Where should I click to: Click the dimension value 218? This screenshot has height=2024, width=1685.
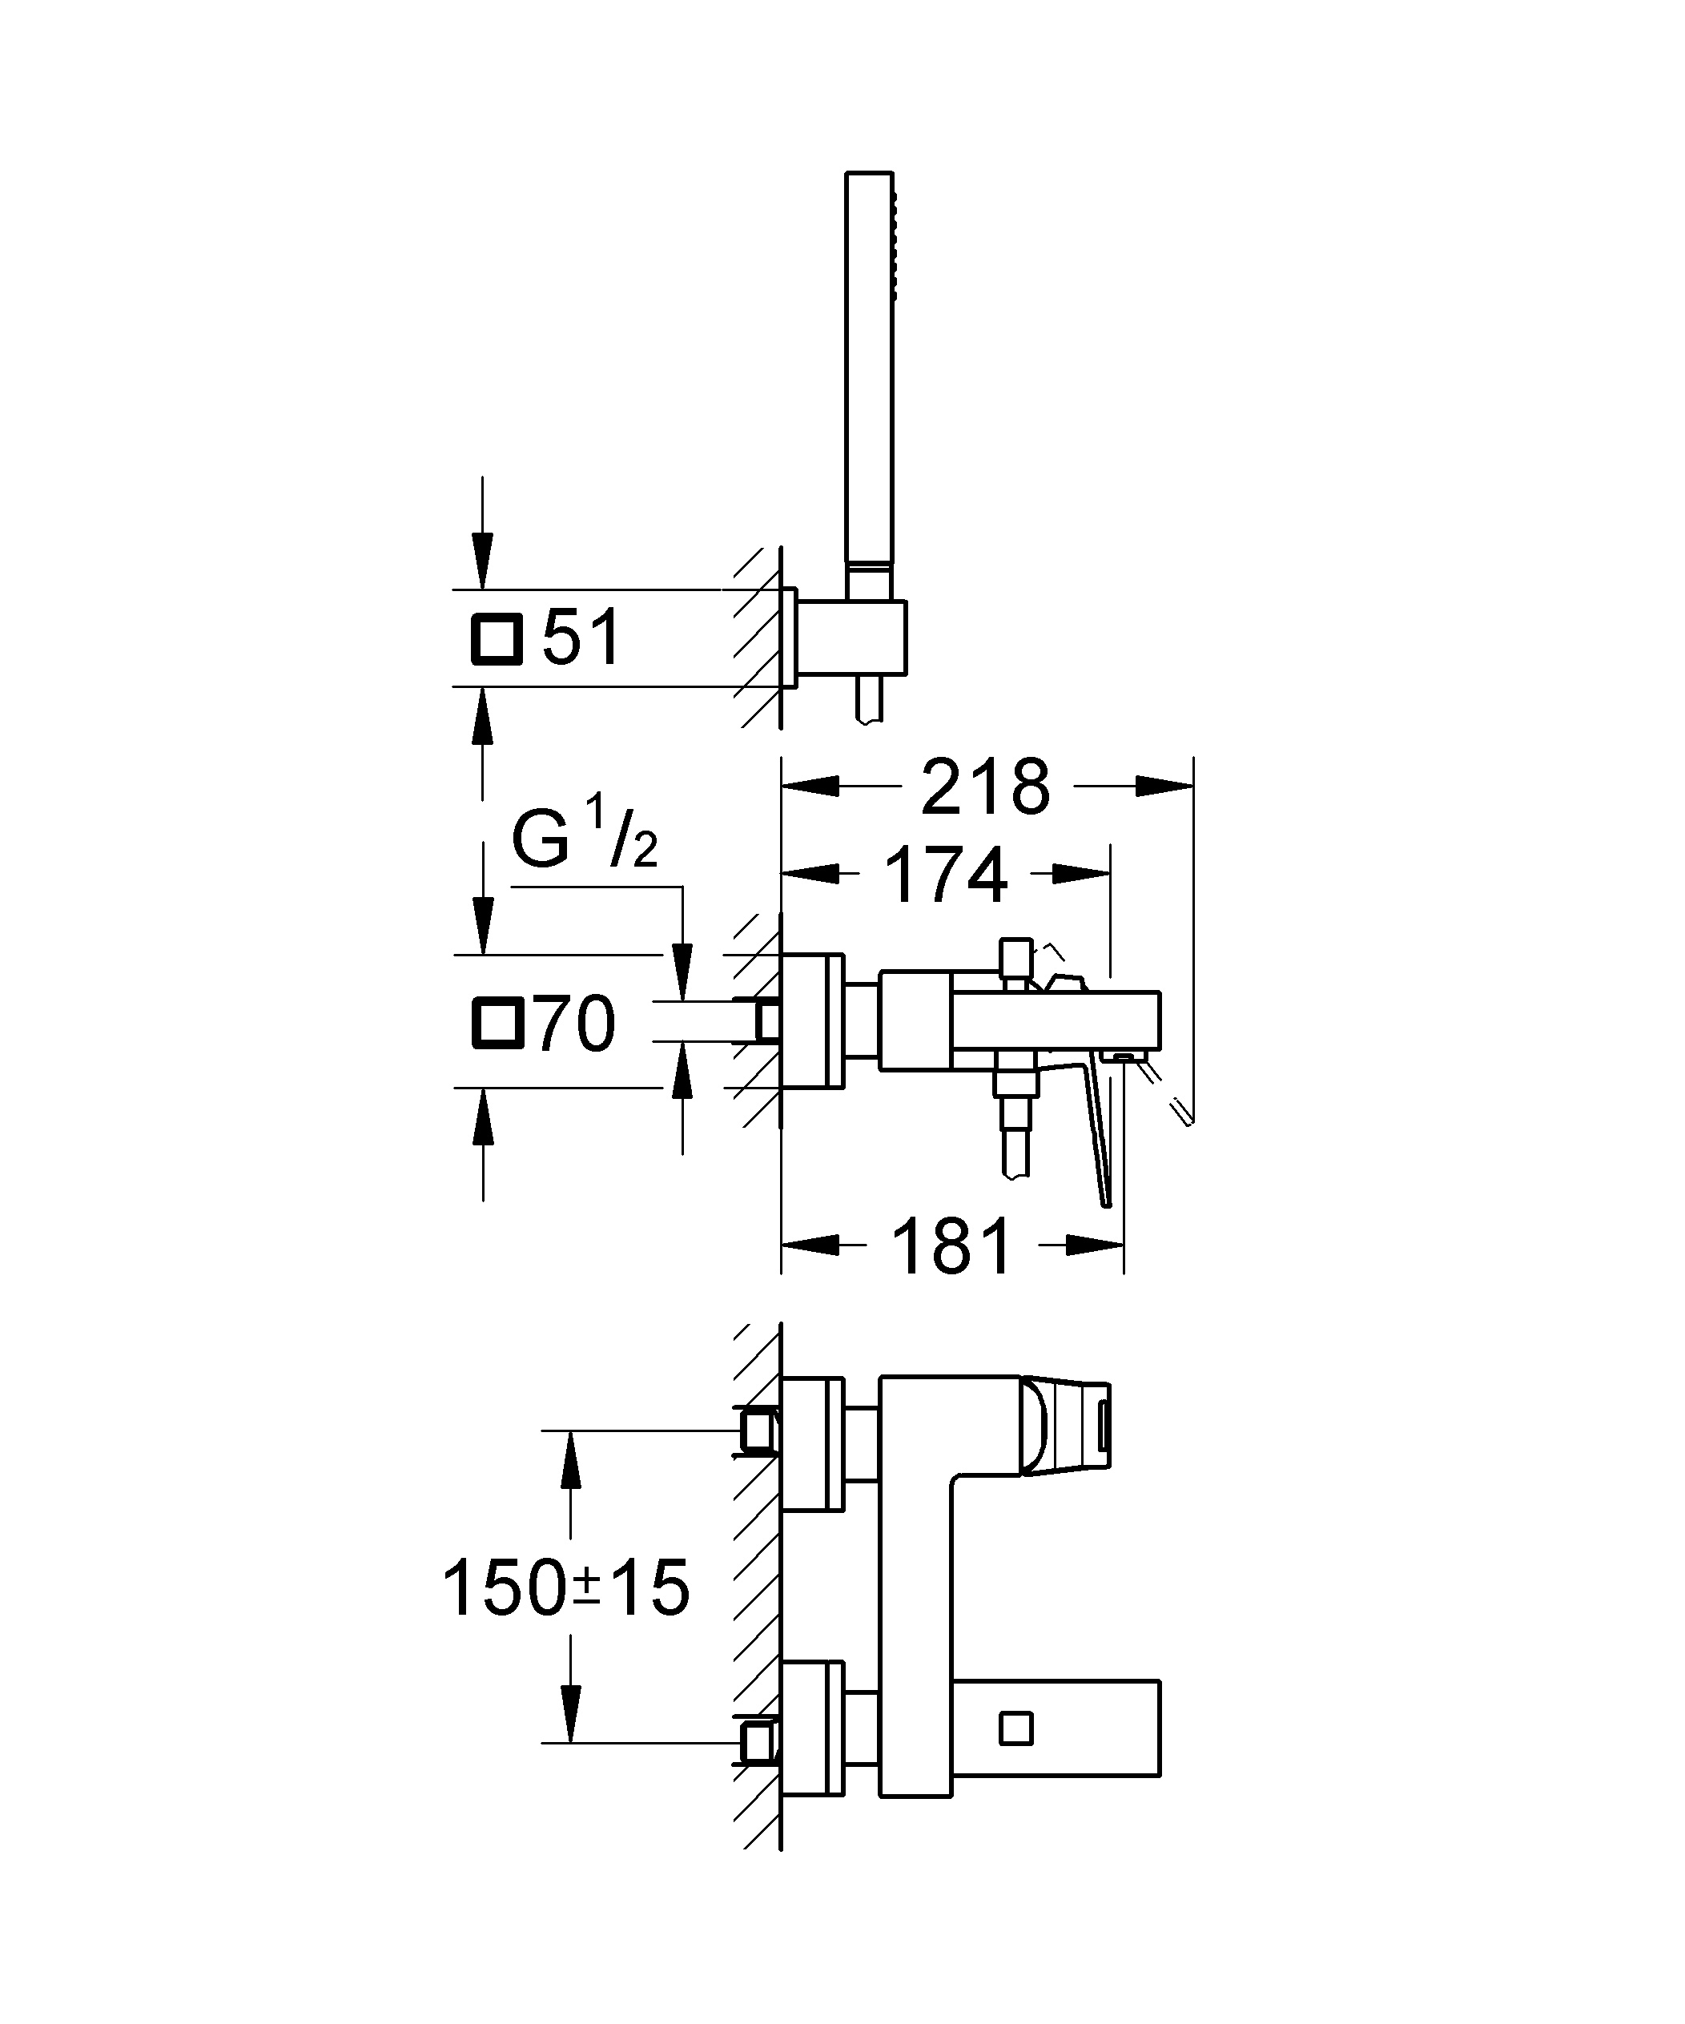[985, 787]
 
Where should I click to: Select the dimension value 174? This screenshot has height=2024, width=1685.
[946, 875]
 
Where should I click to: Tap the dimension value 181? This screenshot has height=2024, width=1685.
[953, 1245]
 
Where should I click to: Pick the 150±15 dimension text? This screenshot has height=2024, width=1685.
[566, 1588]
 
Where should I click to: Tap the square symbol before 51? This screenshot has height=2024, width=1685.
[497, 639]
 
